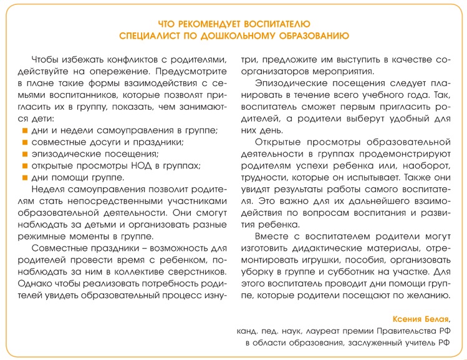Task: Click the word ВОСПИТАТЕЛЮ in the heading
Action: [279, 24]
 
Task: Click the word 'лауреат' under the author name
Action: [321, 331]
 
